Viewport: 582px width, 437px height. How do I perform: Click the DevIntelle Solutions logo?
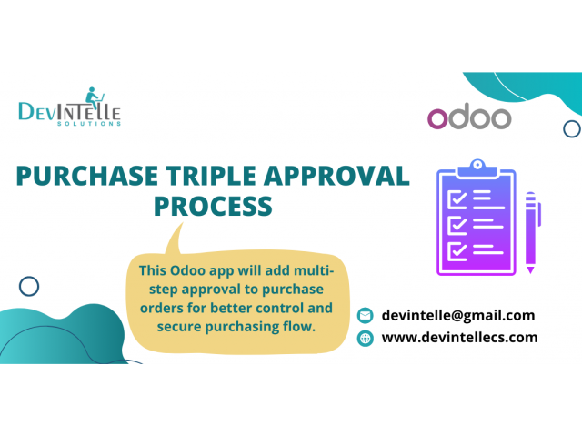[70, 107]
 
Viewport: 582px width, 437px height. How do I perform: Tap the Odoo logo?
[469, 117]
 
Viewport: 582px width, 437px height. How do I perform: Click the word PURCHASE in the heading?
[87, 176]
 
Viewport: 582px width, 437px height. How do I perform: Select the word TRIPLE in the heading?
[211, 176]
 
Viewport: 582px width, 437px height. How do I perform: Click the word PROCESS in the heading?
[213, 207]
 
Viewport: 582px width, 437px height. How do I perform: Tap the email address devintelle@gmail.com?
[458, 316]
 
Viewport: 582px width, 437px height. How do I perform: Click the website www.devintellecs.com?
[459, 338]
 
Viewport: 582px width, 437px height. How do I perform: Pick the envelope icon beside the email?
[366, 316]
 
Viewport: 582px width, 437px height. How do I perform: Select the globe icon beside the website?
[366, 338]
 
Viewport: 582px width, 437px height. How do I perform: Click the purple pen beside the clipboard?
[532, 233]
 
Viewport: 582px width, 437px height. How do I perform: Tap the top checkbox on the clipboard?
[457, 199]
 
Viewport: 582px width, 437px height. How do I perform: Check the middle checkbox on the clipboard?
[457, 225]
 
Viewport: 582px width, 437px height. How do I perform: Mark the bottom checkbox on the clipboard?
[457, 251]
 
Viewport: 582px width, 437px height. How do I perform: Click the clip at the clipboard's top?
[477, 168]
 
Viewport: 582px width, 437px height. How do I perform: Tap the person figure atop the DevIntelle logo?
[93, 97]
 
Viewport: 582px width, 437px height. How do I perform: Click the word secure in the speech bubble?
[179, 327]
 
